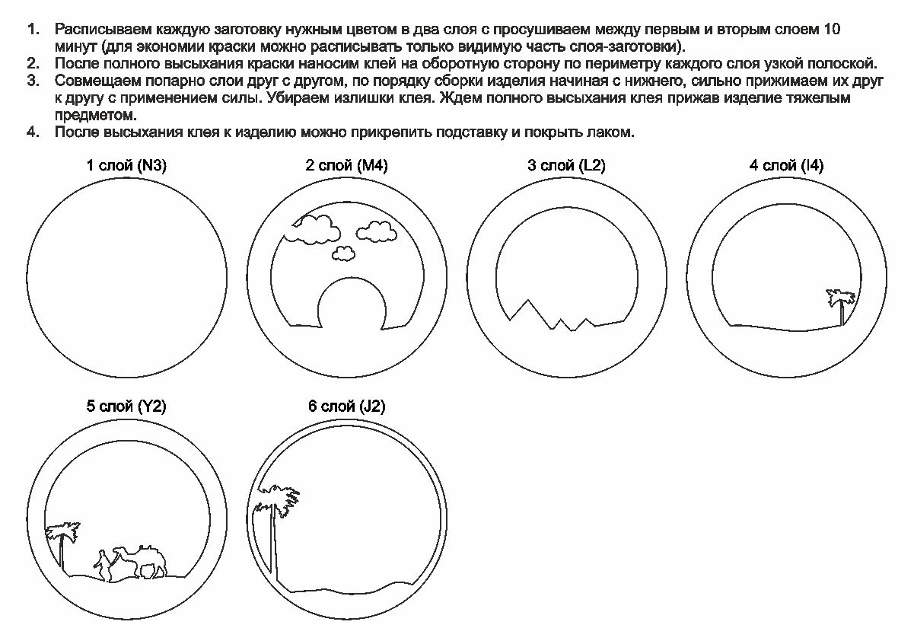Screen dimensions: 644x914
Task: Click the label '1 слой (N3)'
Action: (x=126, y=166)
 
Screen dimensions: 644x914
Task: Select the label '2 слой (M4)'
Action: (x=346, y=166)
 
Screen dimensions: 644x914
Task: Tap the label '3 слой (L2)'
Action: (x=566, y=166)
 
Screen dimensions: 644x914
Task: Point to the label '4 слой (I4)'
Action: (x=786, y=166)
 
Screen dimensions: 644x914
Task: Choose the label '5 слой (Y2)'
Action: (x=126, y=406)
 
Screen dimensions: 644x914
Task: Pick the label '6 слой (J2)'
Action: (x=346, y=406)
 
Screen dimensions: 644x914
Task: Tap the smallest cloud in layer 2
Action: (x=345, y=253)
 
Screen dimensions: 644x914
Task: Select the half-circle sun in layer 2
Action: (x=349, y=304)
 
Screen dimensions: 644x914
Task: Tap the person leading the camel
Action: (x=101, y=564)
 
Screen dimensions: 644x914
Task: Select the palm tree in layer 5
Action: (x=60, y=540)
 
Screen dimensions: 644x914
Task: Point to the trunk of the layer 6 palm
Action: (x=275, y=548)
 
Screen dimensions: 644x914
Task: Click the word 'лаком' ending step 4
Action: (x=613, y=132)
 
